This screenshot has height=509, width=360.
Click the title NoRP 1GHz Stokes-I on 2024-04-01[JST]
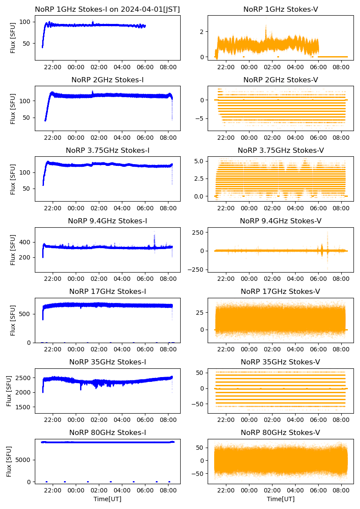108,9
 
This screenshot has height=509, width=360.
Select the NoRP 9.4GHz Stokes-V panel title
281,221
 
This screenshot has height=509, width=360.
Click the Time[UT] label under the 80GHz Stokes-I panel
108,499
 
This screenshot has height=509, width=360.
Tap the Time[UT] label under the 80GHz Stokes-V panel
281,499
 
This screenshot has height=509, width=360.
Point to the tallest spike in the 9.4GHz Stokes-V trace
327,233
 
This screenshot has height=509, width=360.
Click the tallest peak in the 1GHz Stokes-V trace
266,26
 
